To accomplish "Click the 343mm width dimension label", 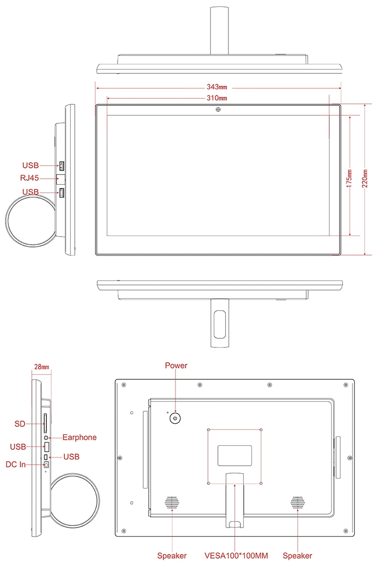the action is click(217, 87).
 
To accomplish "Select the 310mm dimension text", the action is click(217, 98).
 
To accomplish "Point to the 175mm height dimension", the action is click(349, 178).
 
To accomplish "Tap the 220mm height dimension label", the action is click(365, 178).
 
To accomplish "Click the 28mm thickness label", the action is click(42, 367).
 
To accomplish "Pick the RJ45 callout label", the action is click(29, 178).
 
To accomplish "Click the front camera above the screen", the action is click(218, 109).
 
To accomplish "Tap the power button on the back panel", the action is click(175, 418).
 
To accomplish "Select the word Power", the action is click(176, 365).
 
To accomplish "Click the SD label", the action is click(20, 424).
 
